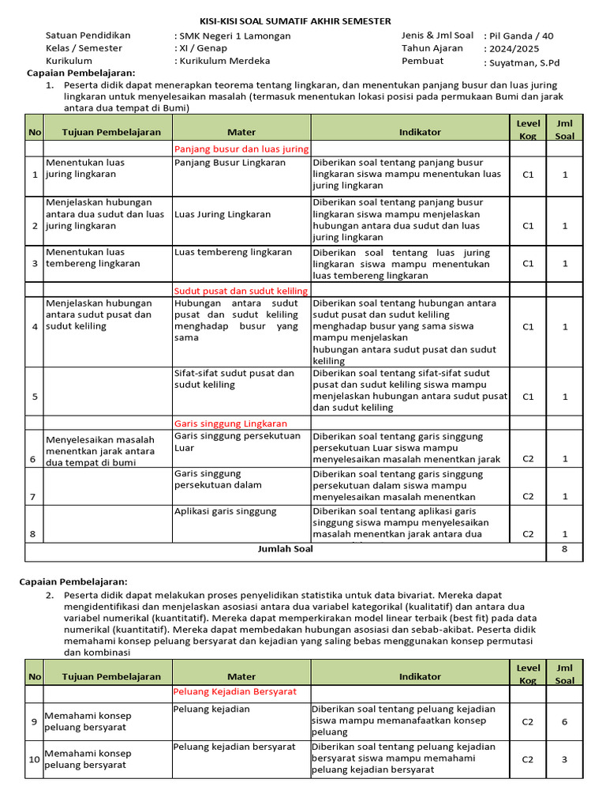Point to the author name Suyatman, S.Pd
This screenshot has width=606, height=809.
526,62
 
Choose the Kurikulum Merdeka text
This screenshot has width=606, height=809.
224,61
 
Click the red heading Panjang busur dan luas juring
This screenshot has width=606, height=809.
241,149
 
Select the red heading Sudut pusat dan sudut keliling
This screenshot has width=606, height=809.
241,291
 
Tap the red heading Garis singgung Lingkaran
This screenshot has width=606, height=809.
230,423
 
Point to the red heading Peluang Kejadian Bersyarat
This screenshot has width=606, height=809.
235,691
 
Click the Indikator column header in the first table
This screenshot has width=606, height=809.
420,133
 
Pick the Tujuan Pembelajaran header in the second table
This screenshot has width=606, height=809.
111,676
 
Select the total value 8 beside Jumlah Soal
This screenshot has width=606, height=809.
564,549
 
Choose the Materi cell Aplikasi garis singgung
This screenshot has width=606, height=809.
226,511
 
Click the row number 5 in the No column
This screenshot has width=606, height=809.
34,397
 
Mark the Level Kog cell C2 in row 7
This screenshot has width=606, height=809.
528,496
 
